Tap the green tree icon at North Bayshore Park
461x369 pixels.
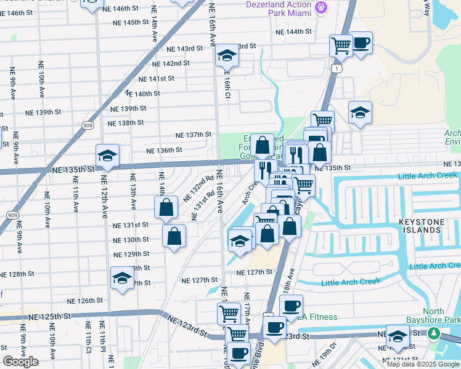tap(434, 333)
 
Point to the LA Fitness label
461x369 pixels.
tap(317, 317)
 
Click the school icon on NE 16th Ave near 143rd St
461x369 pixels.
tap(226, 56)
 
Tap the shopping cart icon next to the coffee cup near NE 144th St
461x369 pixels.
tap(340, 44)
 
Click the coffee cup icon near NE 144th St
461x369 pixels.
tap(361, 42)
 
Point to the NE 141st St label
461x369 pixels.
tap(157, 79)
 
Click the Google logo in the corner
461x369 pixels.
tap(20, 362)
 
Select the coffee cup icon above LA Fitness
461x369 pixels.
tap(291, 305)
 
